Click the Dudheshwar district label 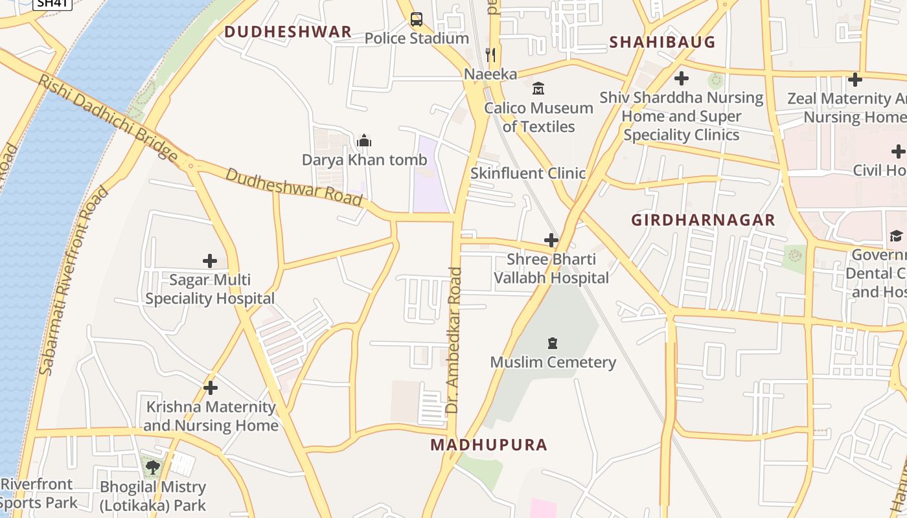pos(288,32)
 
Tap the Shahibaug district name pos(662,42)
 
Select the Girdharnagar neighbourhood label pos(703,220)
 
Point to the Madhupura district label pos(489,445)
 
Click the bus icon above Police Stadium pos(416,19)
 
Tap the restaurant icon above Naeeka pos(490,54)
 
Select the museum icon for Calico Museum pos(538,89)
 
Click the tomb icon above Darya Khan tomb pos(364,141)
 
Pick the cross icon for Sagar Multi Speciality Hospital pos(210,261)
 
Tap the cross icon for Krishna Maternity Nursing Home pos(211,388)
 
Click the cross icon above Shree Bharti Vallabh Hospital pos(551,240)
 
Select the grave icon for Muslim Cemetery pos(553,343)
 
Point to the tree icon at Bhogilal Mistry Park pos(153,467)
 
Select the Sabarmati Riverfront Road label pos(73,282)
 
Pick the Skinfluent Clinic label pos(527,174)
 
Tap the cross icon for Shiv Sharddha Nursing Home pos(681,78)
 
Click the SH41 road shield pos(52,3)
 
